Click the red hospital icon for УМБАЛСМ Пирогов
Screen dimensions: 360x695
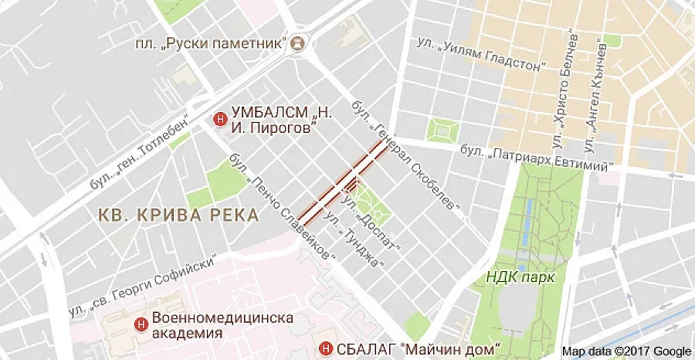tap(219, 120)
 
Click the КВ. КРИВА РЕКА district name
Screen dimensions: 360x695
tap(178, 216)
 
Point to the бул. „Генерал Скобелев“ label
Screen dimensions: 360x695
tap(406, 155)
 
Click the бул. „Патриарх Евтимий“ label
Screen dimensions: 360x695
tap(537, 158)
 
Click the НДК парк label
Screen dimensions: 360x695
tap(520, 276)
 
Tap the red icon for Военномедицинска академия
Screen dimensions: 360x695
tap(141, 324)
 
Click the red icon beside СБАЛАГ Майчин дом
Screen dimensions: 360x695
tap(326, 348)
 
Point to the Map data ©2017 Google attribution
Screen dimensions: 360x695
tap(626, 352)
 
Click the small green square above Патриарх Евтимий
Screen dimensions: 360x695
tap(441, 128)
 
